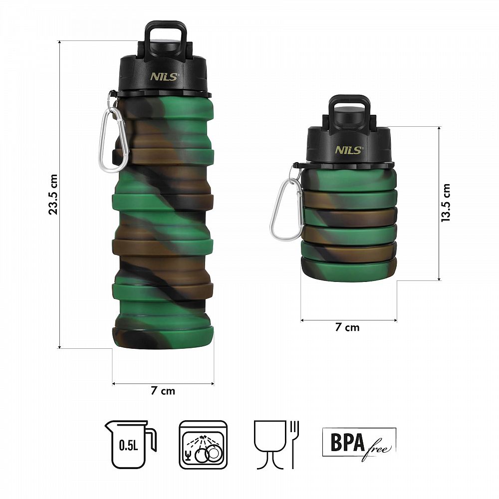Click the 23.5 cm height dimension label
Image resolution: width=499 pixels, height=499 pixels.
tap(53, 195)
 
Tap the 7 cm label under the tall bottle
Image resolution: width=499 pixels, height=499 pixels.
tap(163, 391)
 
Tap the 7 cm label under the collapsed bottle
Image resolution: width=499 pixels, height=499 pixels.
tap(347, 327)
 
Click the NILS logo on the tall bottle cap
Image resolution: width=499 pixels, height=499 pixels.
tap(165, 77)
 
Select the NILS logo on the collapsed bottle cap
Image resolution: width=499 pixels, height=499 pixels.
tap(349, 150)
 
